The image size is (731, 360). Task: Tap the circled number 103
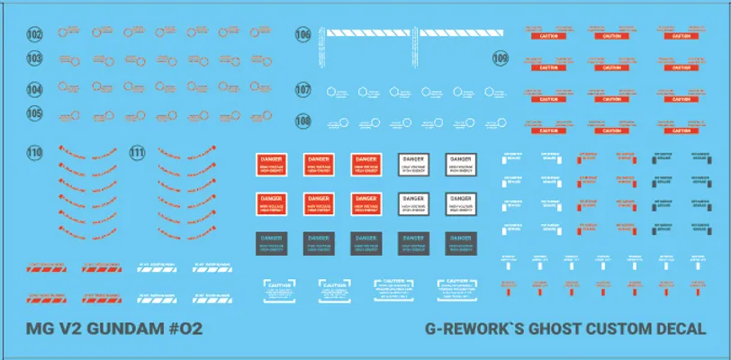click(35, 58)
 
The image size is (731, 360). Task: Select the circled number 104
click(35, 91)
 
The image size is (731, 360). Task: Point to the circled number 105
click(35, 113)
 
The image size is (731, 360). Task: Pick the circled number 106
click(302, 35)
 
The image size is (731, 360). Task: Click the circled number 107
click(302, 91)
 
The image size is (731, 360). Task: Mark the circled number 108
click(302, 121)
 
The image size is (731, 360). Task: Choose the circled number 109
click(501, 58)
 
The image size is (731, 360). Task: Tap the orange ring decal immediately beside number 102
click(61, 34)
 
